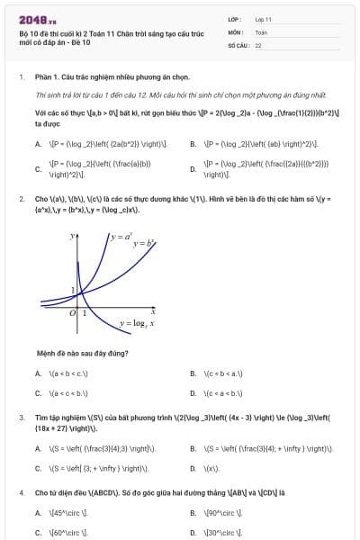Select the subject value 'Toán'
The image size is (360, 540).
coord(261,31)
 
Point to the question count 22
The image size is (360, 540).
coord(259,44)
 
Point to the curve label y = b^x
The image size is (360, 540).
coord(145,243)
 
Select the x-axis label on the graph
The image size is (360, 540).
coord(153,310)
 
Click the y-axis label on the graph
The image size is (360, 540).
coord(72,236)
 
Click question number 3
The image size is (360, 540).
coord(21,418)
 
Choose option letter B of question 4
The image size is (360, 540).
coord(193,513)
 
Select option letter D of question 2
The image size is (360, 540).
coord(193,392)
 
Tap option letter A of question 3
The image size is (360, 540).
coord(38,447)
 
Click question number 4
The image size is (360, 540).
coord(21,492)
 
